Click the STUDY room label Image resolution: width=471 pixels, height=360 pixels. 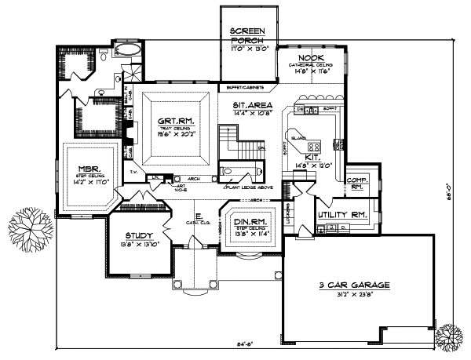pos(137,236)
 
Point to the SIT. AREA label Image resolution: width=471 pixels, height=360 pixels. pos(252,104)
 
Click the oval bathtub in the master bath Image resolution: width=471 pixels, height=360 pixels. pos(126,52)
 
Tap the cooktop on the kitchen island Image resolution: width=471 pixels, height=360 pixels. pos(313,146)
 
